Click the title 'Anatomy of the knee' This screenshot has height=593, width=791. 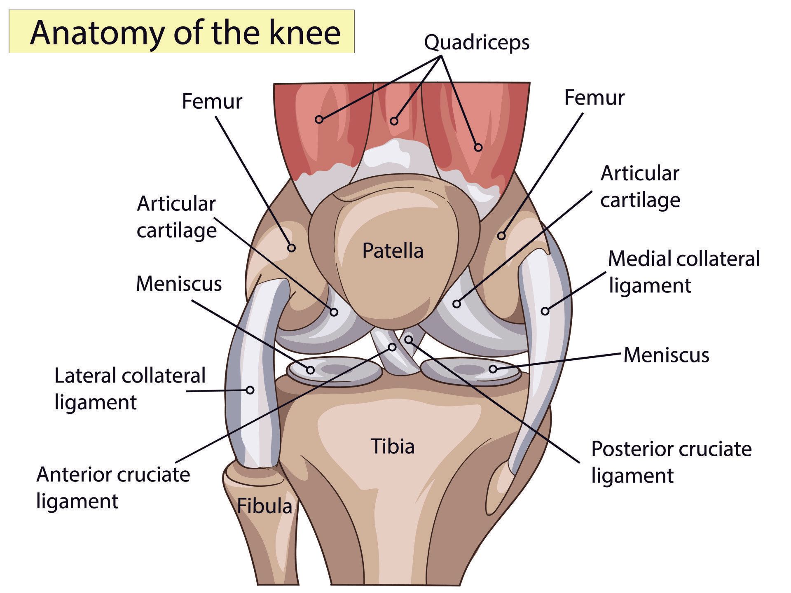click(x=185, y=32)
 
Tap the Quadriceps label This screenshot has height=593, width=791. click(x=477, y=42)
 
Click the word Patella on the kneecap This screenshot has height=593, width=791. click(x=393, y=250)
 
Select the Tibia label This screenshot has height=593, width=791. click(x=393, y=446)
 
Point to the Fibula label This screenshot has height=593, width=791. click(x=264, y=506)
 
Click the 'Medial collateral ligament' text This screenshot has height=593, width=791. click(x=684, y=272)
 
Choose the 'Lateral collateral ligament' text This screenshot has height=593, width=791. click(x=130, y=388)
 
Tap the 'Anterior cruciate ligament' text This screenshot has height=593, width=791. click(x=113, y=488)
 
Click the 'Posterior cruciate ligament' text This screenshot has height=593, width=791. click(x=672, y=462)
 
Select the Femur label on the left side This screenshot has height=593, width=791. click(x=212, y=101)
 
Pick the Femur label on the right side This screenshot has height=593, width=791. click(x=594, y=98)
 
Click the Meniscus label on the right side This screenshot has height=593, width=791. click(x=666, y=355)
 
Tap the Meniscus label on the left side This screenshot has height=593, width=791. click(x=179, y=283)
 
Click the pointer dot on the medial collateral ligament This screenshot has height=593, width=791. click(x=545, y=311)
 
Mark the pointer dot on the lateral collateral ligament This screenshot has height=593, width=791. click(x=250, y=390)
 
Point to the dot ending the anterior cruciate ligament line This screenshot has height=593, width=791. click(x=392, y=347)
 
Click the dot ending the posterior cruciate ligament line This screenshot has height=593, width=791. click(x=408, y=339)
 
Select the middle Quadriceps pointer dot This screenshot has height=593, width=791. click(x=394, y=121)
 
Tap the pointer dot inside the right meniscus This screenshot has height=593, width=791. click(x=493, y=369)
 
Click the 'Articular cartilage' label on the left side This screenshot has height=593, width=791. click(x=176, y=217)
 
